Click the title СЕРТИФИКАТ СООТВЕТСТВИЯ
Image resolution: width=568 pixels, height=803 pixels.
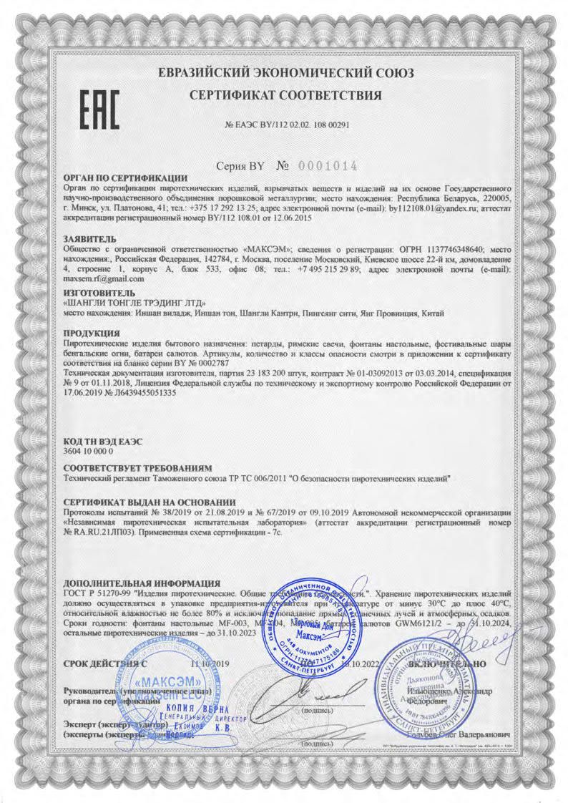click(x=285, y=95)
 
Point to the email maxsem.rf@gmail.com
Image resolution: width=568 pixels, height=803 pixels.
click(x=104, y=280)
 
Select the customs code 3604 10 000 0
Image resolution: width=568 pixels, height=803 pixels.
click(x=89, y=453)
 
